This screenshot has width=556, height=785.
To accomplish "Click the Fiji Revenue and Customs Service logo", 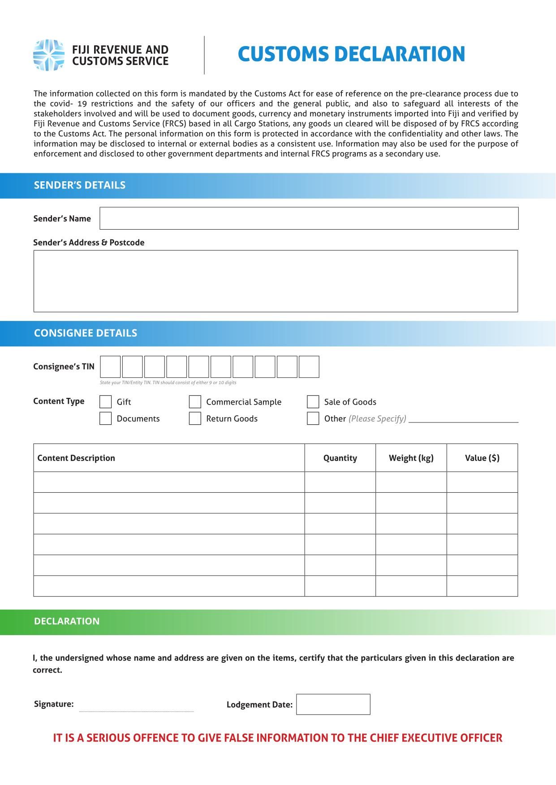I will point(49,55).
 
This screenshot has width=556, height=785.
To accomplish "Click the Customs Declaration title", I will point(351,54).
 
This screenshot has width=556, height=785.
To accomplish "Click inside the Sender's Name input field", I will point(309,218).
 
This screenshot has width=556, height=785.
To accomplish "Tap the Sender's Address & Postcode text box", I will point(276,281).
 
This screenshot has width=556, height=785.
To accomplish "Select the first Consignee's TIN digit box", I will point(110,367).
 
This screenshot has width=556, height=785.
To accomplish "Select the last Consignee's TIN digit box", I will point(309,367).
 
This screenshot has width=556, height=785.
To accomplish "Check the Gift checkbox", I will point(105,402).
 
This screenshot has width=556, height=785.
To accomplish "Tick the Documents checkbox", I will point(105,418).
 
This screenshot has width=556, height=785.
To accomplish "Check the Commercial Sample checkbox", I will point(195,402).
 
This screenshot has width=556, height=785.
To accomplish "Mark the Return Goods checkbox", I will point(195,418).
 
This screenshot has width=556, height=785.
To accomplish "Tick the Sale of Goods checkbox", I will point(313,402).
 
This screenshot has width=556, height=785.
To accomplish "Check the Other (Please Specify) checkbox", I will point(313,418).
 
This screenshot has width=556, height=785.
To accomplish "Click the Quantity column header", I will point(340,458).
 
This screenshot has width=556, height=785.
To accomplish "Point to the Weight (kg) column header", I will point(411,458).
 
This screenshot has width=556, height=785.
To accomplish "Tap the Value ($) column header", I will point(482,458).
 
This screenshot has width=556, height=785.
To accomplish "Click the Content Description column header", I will point(76,458).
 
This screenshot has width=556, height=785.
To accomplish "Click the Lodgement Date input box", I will point(333,704).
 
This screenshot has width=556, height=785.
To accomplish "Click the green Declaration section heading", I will point(67,622).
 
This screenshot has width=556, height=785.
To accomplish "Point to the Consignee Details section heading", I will point(86,333).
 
